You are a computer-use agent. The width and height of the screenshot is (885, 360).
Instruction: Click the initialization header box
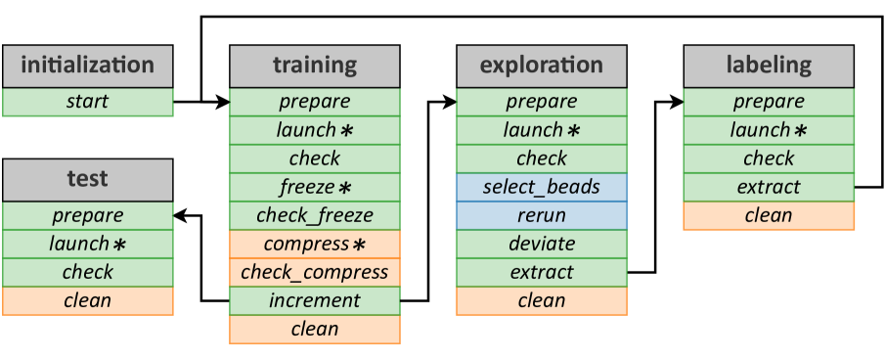pyautogui.click(x=87, y=67)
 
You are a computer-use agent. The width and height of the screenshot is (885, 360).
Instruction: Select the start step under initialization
pyautogui.click(x=87, y=102)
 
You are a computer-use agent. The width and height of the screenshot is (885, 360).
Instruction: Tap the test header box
pyautogui.click(x=87, y=180)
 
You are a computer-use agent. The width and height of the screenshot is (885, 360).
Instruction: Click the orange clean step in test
pyautogui.click(x=87, y=300)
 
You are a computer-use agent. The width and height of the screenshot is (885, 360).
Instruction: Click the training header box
pyautogui.click(x=314, y=67)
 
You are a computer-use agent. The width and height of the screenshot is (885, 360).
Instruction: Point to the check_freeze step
pyautogui.click(x=314, y=215)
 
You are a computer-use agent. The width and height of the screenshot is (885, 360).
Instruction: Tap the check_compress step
pyautogui.click(x=314, y=272)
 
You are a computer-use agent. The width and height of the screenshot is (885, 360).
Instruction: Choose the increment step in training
pyautogui.click(x=314, y=300)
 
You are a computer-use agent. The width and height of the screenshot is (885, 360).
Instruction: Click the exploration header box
pyautogui.click(x=541, y=67)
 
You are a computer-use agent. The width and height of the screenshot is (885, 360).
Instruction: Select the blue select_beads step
pyautogui.click(x=541, y=187)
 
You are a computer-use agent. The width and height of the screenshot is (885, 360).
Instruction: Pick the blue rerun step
pyautogui.click(x=541, y=215)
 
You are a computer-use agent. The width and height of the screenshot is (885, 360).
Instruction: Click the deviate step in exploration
pyautogui.click(x=541, y=244)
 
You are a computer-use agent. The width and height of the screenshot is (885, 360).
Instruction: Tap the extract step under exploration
pyautogui.click(x=541, y=272)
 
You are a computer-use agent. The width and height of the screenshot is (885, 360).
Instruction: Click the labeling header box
pyautogui.click(x=768, y=67)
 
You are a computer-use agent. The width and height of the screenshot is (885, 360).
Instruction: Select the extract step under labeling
pyautogui.click(x=768, y=187)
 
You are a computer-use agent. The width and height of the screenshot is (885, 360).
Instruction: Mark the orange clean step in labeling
pyautogui.click(x=768, y=215)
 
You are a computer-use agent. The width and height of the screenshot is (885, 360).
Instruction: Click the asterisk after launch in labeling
pyautogui.click(x=800, y=130)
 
